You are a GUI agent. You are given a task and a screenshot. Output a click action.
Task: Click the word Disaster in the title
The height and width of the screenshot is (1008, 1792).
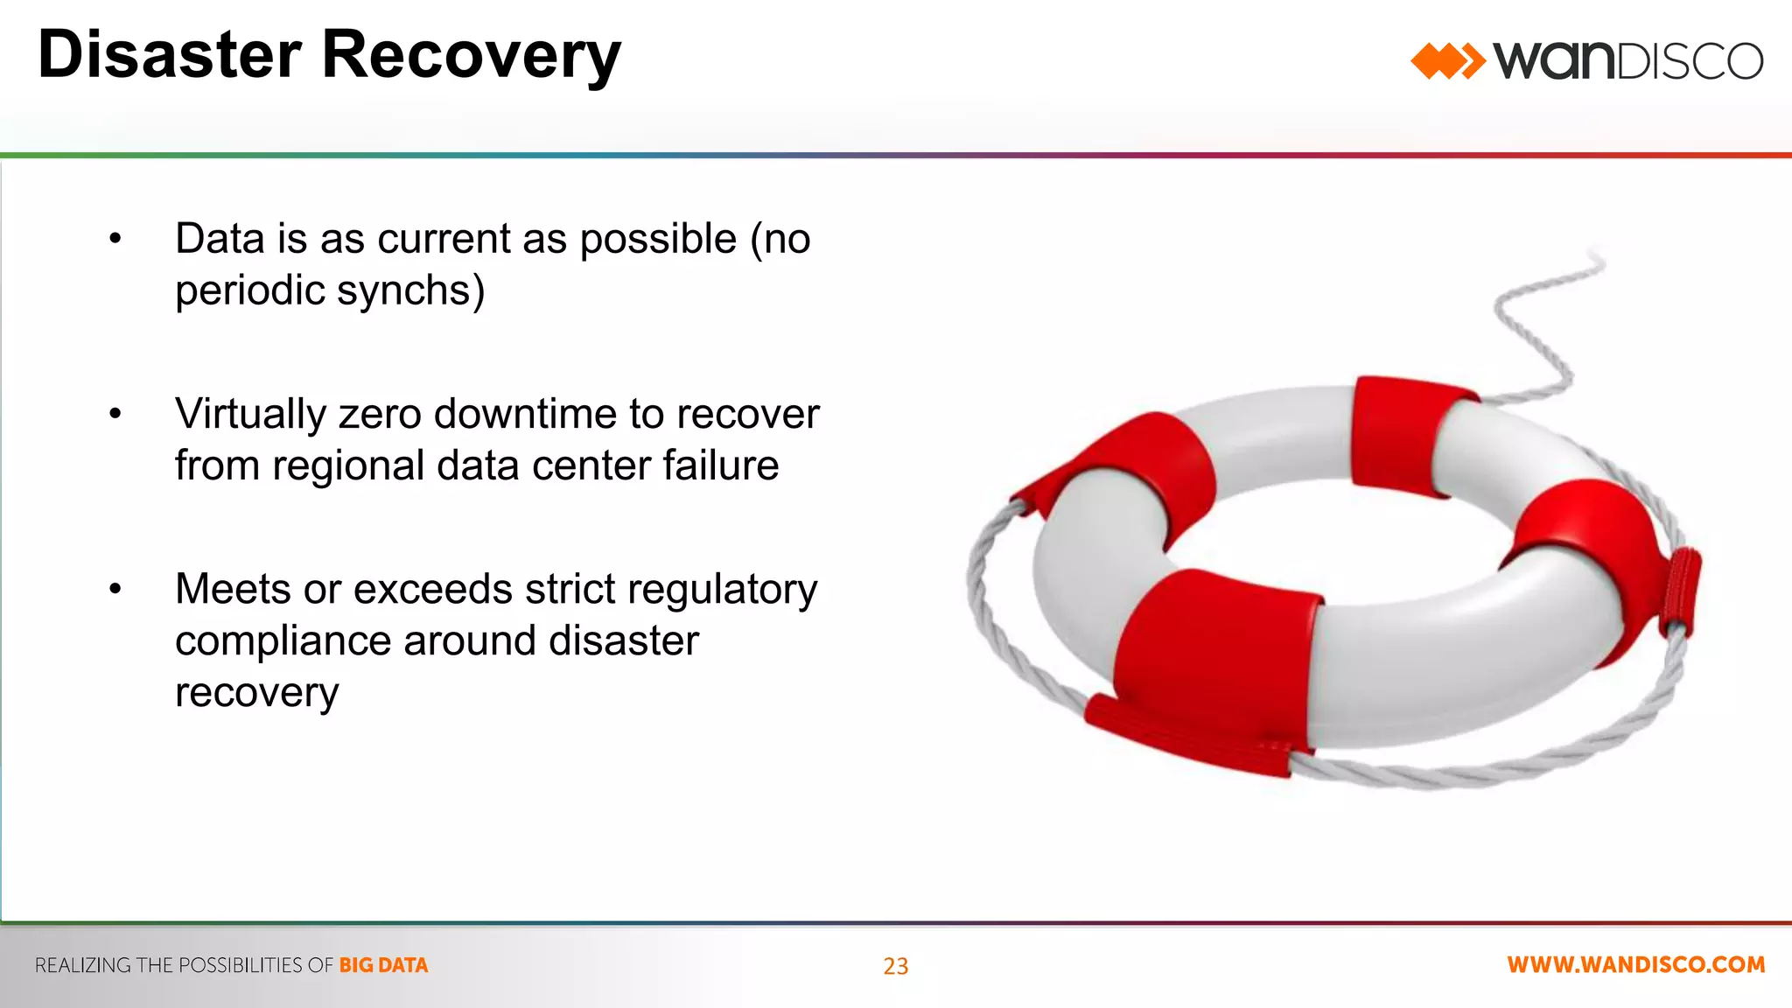[x=170, y=55]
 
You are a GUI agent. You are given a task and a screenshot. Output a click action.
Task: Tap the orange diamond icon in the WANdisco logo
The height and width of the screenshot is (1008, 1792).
[x=1446, y=61]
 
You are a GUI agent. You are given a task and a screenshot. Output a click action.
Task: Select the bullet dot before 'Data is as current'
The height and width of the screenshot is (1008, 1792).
[x=115, y=239]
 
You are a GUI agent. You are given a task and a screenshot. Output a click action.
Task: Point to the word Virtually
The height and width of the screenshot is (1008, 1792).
[x=250, y=414]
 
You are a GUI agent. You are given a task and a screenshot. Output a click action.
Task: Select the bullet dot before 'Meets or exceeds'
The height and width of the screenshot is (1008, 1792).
[x=115, y=590]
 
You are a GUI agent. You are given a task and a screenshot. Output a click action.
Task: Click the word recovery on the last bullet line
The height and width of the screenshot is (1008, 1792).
[x=256, y=693]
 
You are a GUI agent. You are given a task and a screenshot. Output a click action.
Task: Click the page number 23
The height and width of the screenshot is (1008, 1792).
[x=895, y=966]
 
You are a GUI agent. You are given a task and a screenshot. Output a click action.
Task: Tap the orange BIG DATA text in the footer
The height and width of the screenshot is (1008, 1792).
[x=383, y=965]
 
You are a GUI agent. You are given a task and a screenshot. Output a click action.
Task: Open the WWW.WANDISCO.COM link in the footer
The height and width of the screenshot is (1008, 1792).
[x=1635, y=965]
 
